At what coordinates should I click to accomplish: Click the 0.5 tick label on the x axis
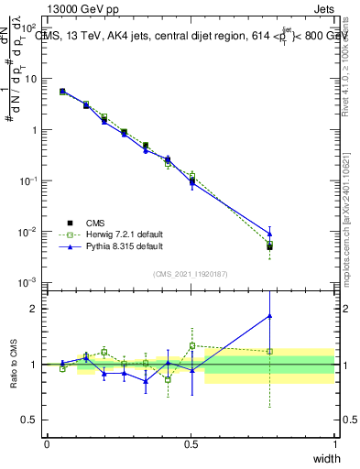click(191, 443)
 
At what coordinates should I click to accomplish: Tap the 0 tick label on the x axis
click(47, 443)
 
